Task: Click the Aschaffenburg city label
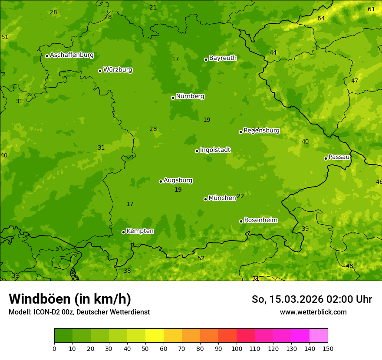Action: [x=72, y=55]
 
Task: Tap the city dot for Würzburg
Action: [x=100, y=71]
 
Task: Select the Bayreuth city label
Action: [x=223, y=58]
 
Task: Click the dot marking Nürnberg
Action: [x=173, y=98]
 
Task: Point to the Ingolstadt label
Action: [x=215, y=150]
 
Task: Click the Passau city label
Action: [x=339, y=157]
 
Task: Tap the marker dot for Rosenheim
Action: [x=241, y=221]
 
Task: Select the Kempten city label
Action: [x=140, y=231]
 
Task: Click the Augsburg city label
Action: [x=178, y=180]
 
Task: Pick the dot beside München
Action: [x=205, y=199]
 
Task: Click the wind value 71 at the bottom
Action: [x=256, y=278]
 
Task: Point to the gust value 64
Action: [x=321, y=18]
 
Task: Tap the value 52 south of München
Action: [x=201, y=259]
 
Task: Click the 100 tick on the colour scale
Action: [x=237, y=348]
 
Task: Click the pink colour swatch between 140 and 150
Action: [x=319, y=335]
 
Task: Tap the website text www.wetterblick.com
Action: [x=313, y=312]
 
